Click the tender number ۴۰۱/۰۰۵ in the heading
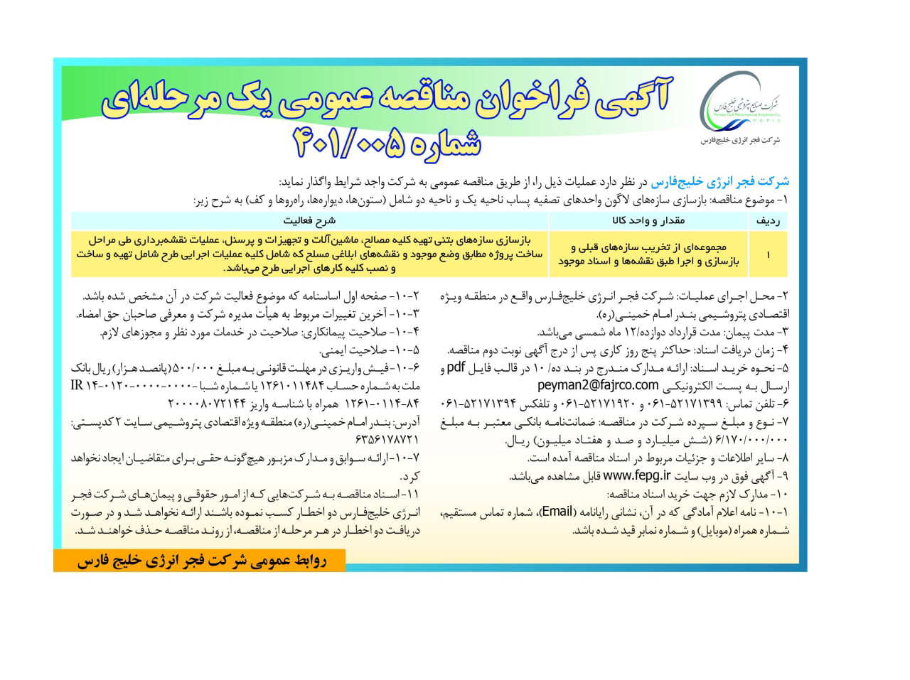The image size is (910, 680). [388, 141]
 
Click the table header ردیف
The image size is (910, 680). [769, 220]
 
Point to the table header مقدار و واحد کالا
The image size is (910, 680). [647, 220]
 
